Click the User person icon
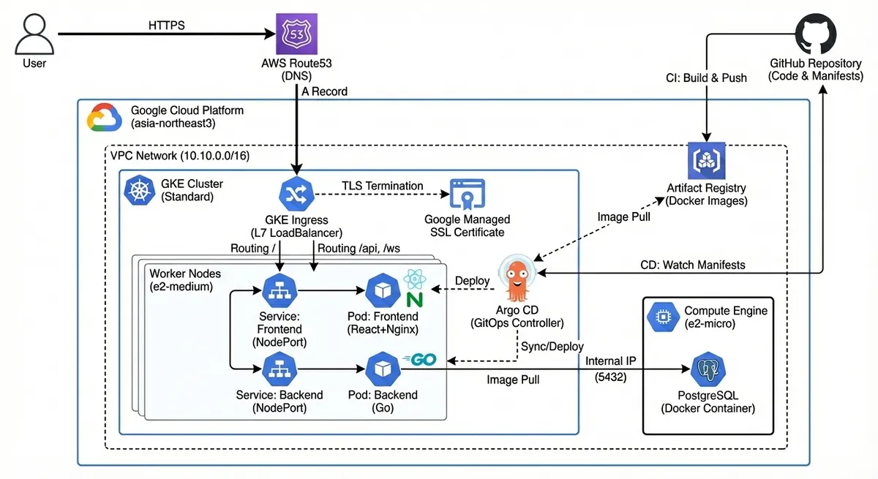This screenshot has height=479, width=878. tap(33, 34)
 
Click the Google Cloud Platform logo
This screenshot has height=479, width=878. tap(105, 118)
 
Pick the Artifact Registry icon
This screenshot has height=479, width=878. tap(706, 161)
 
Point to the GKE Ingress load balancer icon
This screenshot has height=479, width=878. tap(296, 192)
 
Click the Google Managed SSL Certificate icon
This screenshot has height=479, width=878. tap(466, 194)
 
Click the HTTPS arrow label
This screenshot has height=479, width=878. tap(167, 26)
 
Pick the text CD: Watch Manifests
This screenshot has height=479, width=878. tap(693, 265)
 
